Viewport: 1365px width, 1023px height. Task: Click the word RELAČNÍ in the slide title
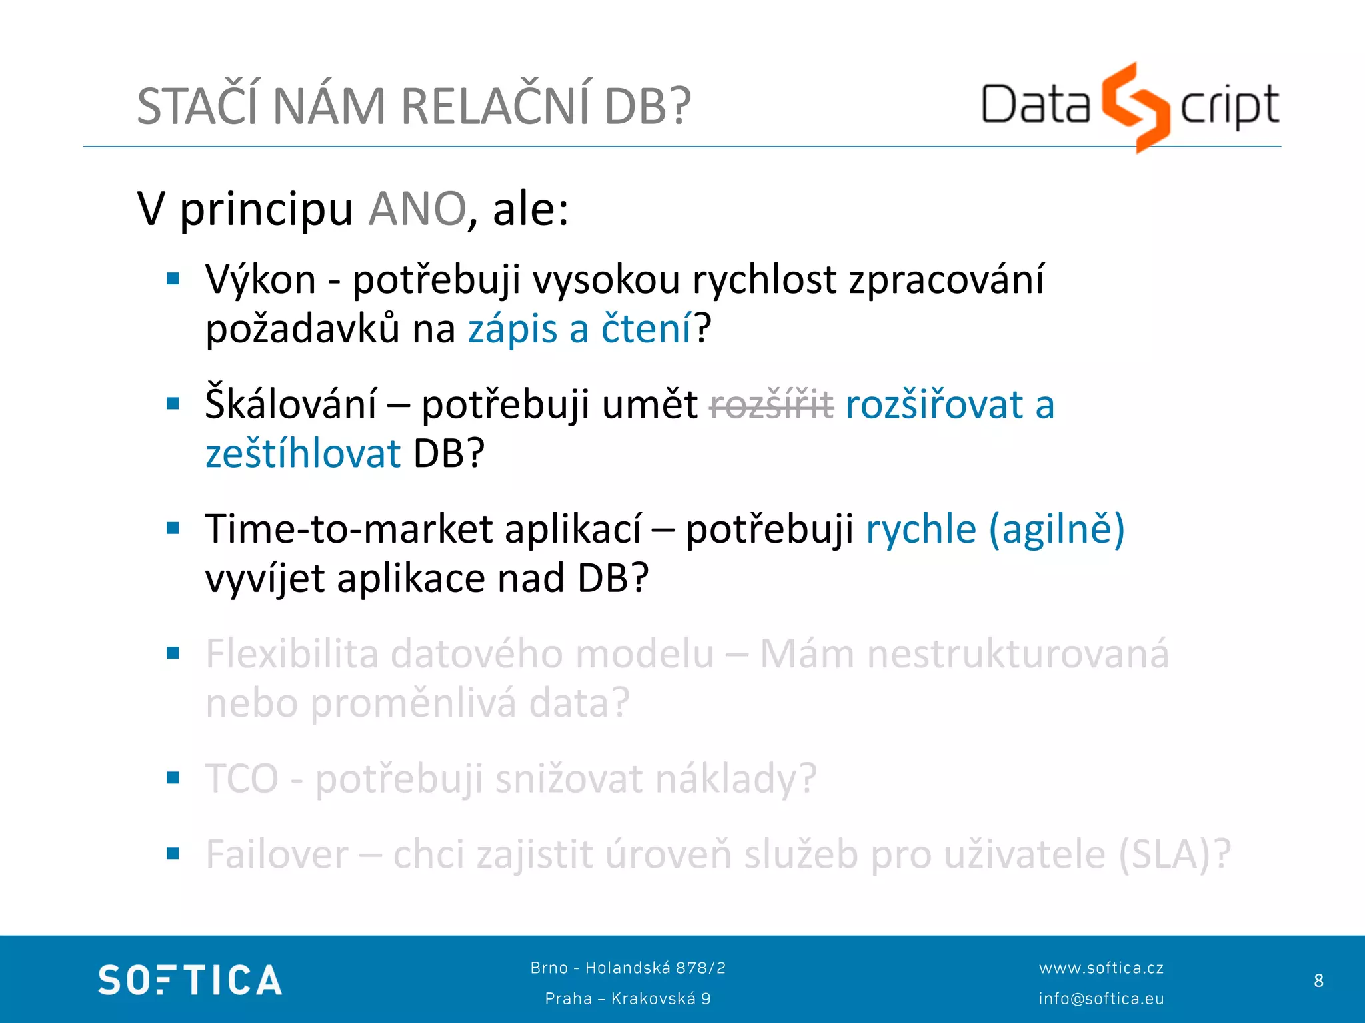click(x=495, y=107)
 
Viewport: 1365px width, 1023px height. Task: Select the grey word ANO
click(x=417, y=209)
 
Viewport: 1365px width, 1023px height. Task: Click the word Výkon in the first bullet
click(x=261, y=280)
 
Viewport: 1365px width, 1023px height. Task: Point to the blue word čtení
click(x=646, y=329)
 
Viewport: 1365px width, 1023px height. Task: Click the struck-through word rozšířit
click(x=772, y=404)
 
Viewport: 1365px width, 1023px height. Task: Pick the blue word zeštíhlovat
click(x=303, y=454)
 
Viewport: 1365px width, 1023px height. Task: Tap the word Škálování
click(x=291, y=404)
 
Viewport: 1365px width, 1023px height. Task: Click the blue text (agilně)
click(x=1057, y=529)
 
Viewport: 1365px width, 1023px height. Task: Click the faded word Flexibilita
click(x=292, y=654)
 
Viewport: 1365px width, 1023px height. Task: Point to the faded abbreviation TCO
click(x=242, y=779)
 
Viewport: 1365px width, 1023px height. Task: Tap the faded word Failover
click(x=277, y=854)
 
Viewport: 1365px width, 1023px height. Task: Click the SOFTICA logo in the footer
click(x=190, y=980)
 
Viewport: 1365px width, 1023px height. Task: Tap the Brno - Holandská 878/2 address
click(x=628, y=968)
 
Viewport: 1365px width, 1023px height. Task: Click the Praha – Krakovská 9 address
click(x=628, y=998)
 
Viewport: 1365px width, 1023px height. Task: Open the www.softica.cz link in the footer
click(x=1101, y=968)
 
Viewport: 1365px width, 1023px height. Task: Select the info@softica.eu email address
click(x=1101, y=998)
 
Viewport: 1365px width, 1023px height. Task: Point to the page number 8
click(x=1318, y=980)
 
